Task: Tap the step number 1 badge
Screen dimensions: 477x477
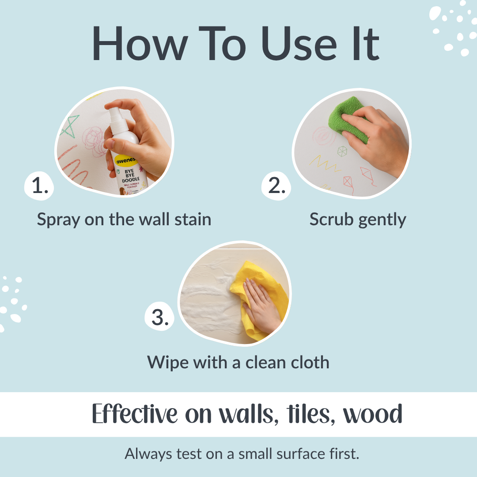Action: click(40, 186)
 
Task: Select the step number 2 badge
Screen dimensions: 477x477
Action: click(276, 186)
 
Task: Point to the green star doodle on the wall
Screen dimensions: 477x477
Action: click(70, 125)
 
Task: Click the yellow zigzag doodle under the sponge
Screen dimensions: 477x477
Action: click(326, 163)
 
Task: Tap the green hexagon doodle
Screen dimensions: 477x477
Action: click(342, 151)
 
